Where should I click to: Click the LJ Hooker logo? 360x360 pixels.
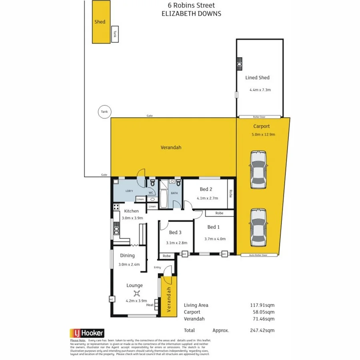tap(87, 332)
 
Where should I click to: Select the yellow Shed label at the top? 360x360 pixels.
tap(100, 22)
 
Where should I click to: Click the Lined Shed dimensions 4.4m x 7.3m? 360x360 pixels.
tap(260, 90)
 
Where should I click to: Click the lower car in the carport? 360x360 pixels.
tap(258, 224)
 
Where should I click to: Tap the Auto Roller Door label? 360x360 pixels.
tap(258, 255)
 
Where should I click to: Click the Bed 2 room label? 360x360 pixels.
tap(206, 190)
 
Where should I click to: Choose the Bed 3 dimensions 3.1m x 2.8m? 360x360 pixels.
tap(176, 242)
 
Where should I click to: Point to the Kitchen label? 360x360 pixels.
tap(131, 211)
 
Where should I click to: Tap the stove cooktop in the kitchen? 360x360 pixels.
tap(116, 207)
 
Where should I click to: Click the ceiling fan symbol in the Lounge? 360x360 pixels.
tap(136, 293)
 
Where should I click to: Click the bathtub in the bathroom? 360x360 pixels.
tap(164, 198)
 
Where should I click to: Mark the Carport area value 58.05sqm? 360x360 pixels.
tap(262, 312)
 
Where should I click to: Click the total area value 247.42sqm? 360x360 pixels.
tap(262, 330)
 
